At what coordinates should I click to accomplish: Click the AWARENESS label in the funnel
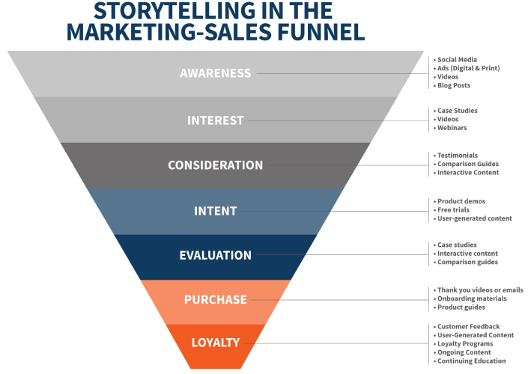216,73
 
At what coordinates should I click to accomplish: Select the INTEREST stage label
216,120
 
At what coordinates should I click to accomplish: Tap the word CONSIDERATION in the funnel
216,165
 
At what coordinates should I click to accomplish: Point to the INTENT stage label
216,211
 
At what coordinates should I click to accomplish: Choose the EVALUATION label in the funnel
216,255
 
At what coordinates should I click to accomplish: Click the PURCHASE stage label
216,299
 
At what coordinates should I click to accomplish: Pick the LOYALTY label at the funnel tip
216,343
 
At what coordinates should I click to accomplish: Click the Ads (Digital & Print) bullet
468,68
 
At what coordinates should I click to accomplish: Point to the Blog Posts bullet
454,85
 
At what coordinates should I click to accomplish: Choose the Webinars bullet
452,128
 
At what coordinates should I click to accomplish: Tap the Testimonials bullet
458,156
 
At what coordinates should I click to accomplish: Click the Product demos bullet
461,201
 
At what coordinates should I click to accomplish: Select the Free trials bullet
455,209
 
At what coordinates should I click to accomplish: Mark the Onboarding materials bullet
472,298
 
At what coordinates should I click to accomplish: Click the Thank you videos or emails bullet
480,290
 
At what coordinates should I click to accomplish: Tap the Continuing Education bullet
472,361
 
